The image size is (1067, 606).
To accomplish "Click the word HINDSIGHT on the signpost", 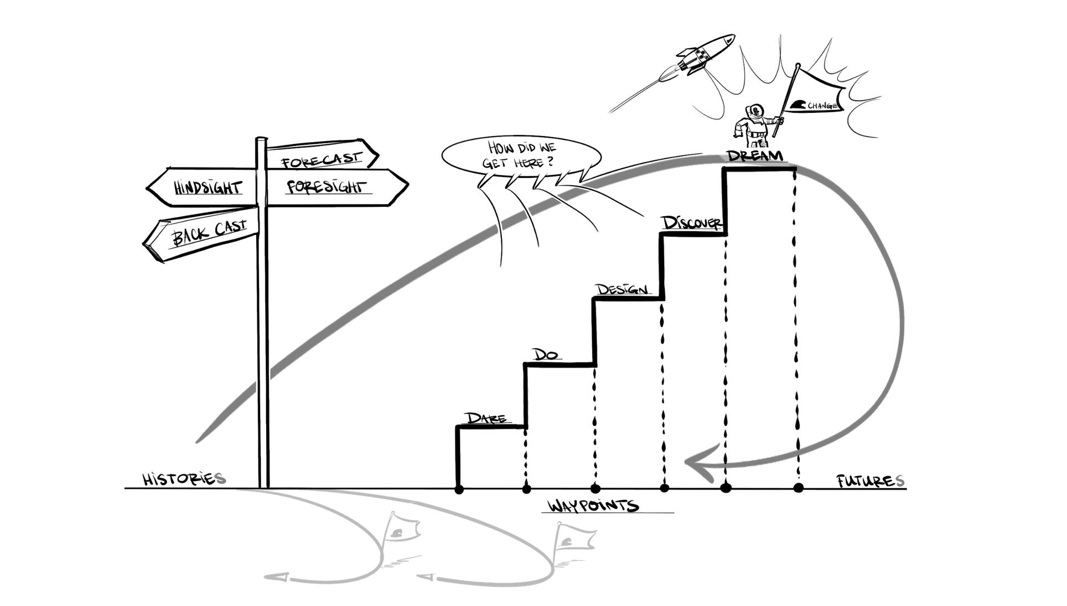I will pos(208,187).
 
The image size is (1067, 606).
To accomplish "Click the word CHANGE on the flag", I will pos(822,105).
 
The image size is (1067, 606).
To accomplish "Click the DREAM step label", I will pos(755,156).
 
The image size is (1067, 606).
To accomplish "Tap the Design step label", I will pos(621,289).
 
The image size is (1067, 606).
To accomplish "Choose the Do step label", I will pos(545,354).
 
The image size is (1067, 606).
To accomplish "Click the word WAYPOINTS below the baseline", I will pos(593,505).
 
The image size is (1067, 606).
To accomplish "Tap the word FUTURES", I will pos(871,481).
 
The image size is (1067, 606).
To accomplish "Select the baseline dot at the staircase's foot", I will pos(459,489).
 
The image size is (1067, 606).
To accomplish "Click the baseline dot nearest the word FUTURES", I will pos(798,488).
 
